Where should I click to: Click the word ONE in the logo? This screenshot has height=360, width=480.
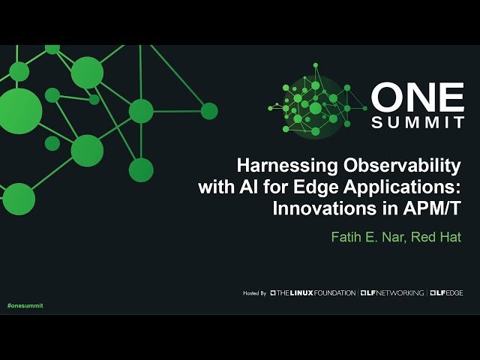[x=418, y=98]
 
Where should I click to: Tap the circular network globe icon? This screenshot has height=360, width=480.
[x=316, y=106]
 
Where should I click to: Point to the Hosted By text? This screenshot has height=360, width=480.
[x=255, y=292]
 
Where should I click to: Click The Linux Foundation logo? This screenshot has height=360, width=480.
[x=313, y=292]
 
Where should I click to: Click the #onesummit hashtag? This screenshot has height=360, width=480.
[x=25, y=306]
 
